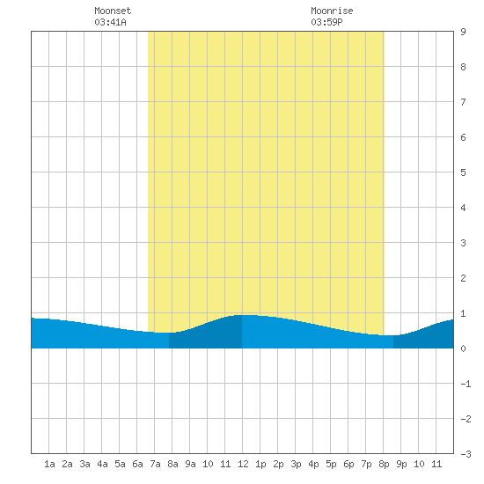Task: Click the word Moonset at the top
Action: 113,11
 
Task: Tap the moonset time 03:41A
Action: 110,22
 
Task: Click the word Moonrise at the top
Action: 332,11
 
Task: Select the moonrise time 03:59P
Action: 326,22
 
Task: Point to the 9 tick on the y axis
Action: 463,32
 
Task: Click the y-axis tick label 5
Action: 463,172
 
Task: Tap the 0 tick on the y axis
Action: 463,348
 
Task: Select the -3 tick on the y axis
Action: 466,454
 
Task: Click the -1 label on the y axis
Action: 466,384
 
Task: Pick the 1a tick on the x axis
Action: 49,464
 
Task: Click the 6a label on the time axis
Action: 137,464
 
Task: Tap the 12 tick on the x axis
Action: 243,464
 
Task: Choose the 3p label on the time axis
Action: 296,464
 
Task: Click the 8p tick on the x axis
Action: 384,464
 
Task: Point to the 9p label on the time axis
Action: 401,464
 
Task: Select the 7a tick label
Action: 155,464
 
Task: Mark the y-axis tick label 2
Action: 463,278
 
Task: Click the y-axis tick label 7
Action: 463,102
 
